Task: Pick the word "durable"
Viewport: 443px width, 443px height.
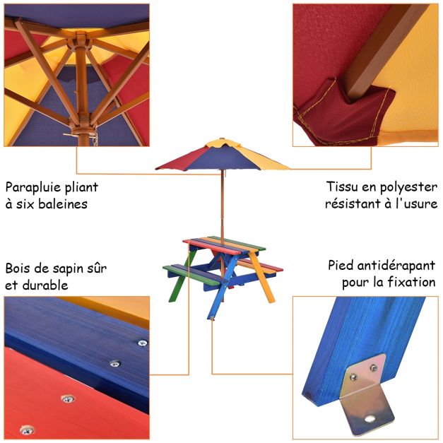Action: coord(45,285)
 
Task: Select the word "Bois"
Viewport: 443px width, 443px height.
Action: coord(18,268)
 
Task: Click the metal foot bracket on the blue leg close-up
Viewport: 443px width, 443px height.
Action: coord(367,396)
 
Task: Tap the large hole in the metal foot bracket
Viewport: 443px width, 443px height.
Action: coord(369,419)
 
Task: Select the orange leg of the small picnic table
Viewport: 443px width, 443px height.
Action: coord(261,278)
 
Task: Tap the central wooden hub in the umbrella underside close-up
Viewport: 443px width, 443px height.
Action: coord(80,42)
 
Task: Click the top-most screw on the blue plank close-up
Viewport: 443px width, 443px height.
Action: coord(143,343)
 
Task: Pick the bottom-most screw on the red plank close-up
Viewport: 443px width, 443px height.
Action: coord(27,430)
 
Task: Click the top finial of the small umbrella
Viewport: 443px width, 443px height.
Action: coord(222,139)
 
